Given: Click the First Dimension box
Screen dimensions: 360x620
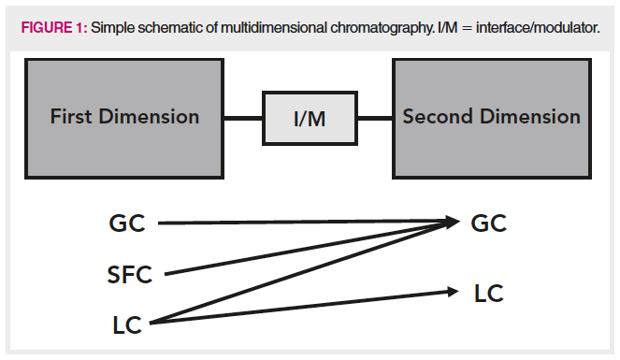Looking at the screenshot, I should click(124, 118).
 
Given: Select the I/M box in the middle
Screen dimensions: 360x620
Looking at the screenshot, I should click(310, 119).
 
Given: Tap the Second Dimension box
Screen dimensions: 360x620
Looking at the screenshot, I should click(491, 118).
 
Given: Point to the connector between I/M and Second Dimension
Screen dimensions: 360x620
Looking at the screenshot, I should click(375, 119).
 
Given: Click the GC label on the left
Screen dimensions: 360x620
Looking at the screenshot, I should click(127, 223).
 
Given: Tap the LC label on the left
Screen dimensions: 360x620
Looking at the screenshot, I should click(125, 324).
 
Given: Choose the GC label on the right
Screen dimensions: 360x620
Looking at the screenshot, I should click(486, 223).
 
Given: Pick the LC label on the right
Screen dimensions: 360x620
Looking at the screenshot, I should click(488, 294).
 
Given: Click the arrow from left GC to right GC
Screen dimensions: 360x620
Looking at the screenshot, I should click(309, 223).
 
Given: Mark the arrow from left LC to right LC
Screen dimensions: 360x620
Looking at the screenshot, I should click(299, 308).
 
